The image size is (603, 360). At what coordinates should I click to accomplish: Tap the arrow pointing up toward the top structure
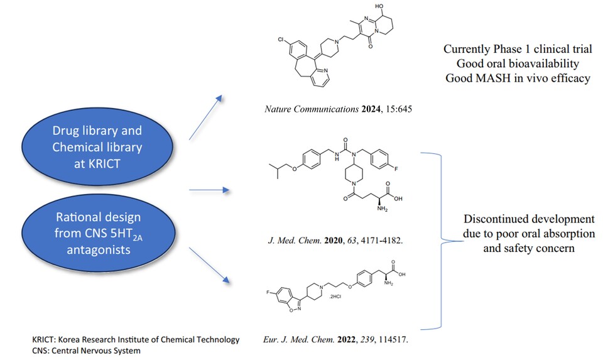click(205, 117)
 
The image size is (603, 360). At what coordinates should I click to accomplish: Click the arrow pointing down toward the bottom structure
click(208, 266)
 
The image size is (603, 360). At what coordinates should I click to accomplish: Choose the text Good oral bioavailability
click(518, 63)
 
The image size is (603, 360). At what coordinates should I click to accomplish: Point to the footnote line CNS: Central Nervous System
click(87, 351)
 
